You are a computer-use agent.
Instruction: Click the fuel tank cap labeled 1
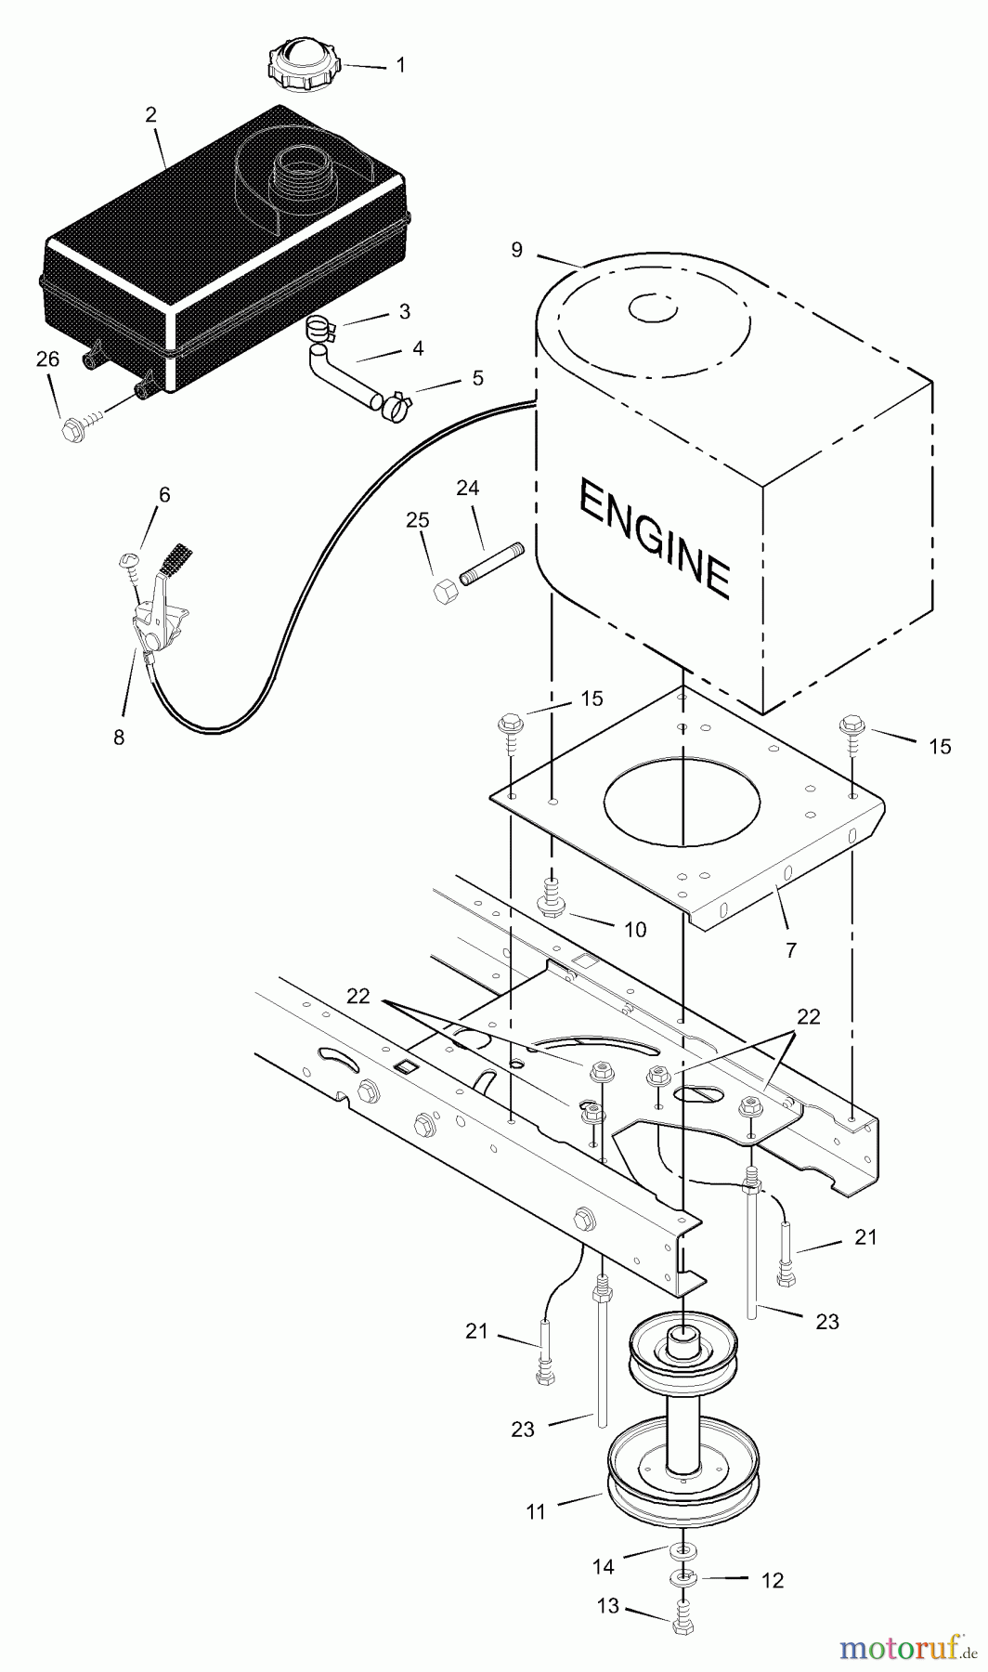point(304,64)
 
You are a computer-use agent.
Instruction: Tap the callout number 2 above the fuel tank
point(150,115)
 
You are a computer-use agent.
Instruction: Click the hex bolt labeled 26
point(72,429)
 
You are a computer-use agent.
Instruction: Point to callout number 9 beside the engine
point(517,250)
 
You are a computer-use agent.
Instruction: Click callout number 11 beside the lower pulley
point(536,1512)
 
